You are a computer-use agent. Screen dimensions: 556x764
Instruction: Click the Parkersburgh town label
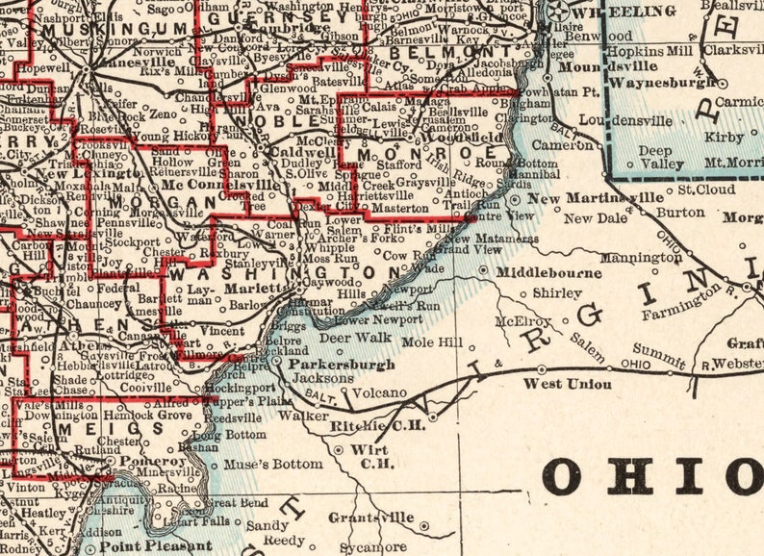click(x=341, y=366)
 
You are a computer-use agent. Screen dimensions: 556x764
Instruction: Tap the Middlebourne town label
click(x=548, y=273)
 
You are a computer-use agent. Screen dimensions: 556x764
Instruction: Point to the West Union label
click(x=567, y=385)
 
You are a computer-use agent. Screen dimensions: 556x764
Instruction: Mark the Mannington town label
click(x=640, y=258)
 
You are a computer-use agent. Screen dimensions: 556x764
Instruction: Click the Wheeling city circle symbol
click(x=558, y=10)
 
